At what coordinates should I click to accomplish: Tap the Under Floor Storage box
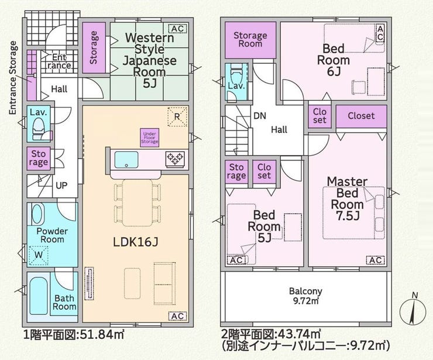click(x=149, y=138)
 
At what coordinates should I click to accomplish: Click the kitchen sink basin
click(x=126, y=159)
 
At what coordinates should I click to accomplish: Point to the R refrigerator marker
click(x=177, y=116)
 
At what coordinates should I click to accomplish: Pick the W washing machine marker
click(x=39, y=255)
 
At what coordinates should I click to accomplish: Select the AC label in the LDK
click(x=177, y=316)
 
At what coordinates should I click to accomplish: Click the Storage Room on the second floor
click(x=250, y=40)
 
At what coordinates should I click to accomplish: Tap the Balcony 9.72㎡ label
click(x=305, y=296)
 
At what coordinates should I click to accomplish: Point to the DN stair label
click(x=260, y=115)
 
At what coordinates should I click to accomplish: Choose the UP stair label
click(x=61, y=185)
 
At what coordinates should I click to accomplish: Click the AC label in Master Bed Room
click(x=376, y=260)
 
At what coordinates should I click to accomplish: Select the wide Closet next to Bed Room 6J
click(x=361, y=116)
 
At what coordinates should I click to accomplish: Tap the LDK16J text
click(x=136, y=242)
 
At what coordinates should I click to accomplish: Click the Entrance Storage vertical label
click(x=13, y=78)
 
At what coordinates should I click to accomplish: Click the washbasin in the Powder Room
click(x=37, y=214)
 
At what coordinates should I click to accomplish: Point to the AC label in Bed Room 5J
click(x=236, y=260)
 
